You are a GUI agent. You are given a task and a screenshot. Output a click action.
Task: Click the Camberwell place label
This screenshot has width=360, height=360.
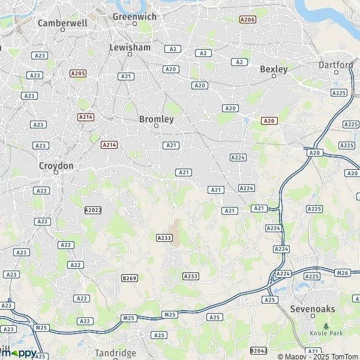62,23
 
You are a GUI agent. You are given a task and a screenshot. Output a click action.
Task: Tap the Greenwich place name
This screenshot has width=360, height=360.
134,17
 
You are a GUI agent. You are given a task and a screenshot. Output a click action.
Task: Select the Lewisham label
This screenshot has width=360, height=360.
130,47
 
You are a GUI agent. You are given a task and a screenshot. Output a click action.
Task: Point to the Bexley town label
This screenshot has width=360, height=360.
274,69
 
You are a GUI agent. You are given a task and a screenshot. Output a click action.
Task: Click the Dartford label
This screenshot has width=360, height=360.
336,65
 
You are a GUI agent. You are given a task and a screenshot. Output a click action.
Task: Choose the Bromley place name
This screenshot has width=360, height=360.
156,119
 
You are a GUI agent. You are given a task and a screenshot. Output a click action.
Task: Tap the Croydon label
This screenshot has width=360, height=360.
56,166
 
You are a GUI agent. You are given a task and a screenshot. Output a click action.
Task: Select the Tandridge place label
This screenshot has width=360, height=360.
116,353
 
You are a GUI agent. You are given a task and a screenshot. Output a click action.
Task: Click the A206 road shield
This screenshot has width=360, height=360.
247,20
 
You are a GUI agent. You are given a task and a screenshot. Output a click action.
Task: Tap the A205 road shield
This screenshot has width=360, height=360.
78,73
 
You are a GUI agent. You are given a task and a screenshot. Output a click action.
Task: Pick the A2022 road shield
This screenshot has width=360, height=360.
93,210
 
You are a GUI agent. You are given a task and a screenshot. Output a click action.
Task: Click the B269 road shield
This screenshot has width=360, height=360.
130,278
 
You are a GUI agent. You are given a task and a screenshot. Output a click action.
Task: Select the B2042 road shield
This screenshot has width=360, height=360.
259,350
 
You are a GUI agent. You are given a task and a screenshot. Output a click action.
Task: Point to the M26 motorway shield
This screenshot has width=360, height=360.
343,273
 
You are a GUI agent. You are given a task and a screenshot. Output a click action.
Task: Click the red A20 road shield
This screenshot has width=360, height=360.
269,121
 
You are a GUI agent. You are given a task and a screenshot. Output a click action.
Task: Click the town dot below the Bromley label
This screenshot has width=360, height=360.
156,127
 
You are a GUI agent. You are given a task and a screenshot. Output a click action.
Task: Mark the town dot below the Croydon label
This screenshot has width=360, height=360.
56,173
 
